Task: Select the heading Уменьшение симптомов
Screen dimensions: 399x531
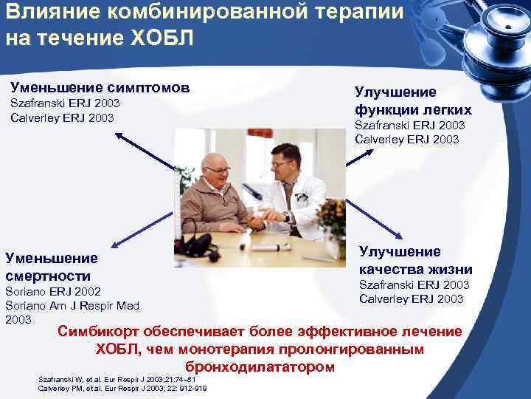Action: tap(100, 87)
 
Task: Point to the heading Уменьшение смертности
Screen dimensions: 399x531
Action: tap(52, 267)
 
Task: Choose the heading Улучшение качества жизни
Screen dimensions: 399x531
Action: tap(415, 260)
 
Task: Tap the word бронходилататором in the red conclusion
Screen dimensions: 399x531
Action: tap(260, 366)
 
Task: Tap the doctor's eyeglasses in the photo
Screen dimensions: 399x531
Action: tap(281, 165)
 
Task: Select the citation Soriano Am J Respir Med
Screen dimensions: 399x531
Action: tap(72, 305)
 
